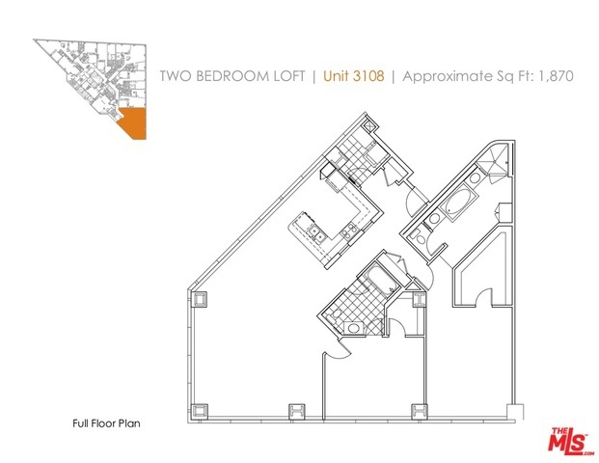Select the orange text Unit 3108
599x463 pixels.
tap(354, 75)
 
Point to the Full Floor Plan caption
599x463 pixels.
tap(106, 423)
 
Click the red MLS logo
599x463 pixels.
tap(569, 442)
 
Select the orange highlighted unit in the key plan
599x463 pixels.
tap(132, 123)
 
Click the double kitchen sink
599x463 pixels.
tap(316, 232)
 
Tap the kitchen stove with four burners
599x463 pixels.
tap(350, 230)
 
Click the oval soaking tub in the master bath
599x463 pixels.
tap(458, 203)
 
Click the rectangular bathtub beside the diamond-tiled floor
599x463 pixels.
tap(378, 279)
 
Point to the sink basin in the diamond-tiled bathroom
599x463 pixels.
tap(352, 328)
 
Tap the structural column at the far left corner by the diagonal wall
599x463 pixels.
tap(199, 299)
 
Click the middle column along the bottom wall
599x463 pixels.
tap(297, 411)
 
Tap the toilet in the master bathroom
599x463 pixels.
tap(421, 239)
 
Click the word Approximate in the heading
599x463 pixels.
tap(448, 76)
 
